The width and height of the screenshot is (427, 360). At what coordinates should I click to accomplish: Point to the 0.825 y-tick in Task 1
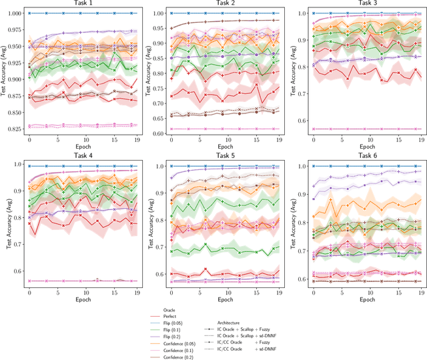13,127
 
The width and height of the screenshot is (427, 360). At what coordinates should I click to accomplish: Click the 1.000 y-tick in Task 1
13,13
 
